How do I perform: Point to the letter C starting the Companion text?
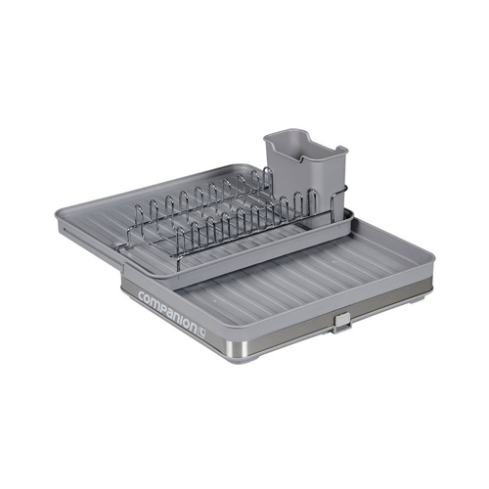[x=143, y=295]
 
